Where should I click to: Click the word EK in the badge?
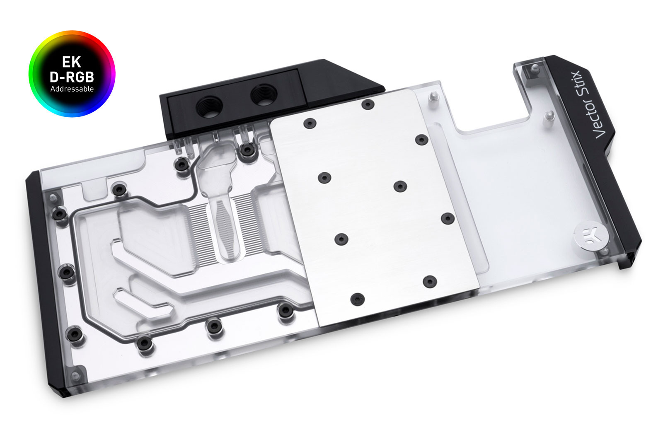(72, 62)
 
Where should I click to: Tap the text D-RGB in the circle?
(72, 77)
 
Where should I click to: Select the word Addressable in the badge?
(72, 89)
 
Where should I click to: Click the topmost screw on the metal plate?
(367, 104)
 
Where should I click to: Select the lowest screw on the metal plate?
(357, 298)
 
